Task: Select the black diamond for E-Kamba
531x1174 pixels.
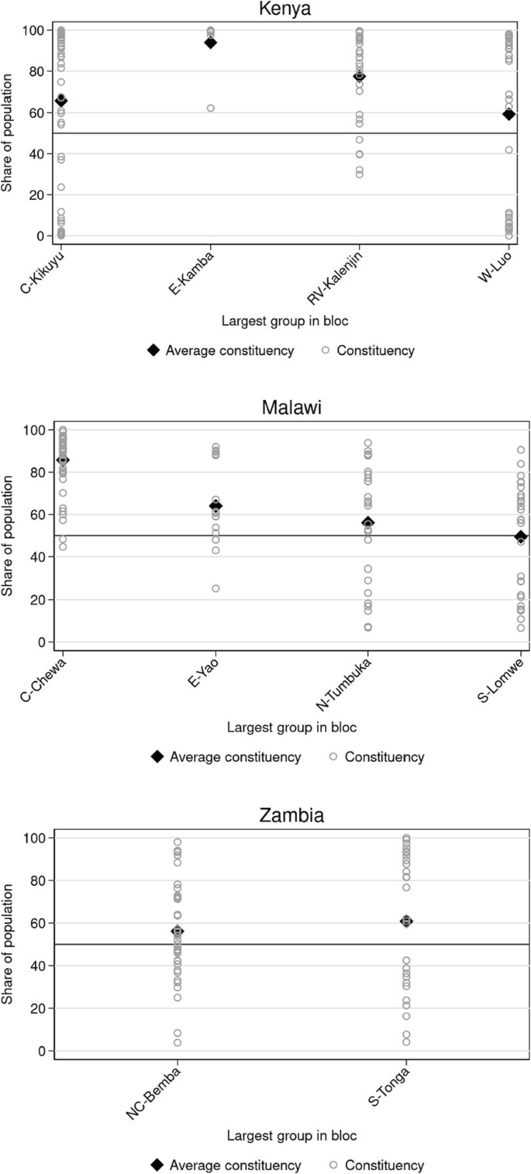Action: (210, 43)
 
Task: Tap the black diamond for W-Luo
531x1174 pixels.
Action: (509, 114)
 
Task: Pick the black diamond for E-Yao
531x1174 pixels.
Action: (216, 506)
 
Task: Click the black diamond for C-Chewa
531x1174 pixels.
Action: (63, 460)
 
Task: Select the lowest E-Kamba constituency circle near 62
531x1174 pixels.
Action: (210, 108)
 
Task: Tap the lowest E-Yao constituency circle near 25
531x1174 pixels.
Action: (216, 588)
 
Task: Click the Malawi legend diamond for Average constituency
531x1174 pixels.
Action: (157, 756)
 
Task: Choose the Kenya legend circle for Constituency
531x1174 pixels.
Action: (326, 350)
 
